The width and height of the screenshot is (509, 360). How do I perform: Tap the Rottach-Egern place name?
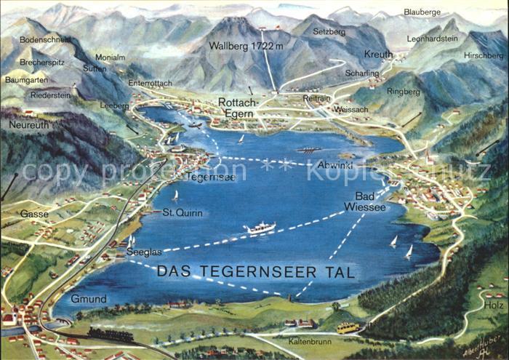tap(239, 107)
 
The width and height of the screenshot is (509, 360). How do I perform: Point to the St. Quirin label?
tap(182, 212)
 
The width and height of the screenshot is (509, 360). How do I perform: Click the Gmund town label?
tap(89, 299)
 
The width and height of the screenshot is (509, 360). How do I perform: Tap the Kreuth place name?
tap(378, 55)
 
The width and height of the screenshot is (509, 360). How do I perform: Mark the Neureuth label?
tap(30, 124)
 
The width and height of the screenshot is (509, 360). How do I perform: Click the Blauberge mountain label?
tap(422, 12)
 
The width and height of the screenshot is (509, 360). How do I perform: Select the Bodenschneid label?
tap(46, 39)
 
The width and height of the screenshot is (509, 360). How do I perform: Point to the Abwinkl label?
tap(335, 164)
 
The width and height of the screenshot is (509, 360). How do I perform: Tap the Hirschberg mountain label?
tap(483, 55)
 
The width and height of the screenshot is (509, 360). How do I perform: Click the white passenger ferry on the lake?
tap(260, 228)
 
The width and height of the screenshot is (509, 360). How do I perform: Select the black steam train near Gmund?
tap(111, 335)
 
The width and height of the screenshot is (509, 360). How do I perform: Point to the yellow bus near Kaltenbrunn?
tap(347, 327)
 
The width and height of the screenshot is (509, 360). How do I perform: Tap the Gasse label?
tap(34, 214)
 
